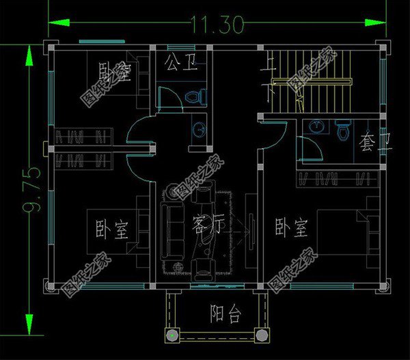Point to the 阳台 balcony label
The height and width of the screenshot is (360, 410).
(225, 315)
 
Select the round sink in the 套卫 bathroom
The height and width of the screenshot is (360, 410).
(316, 126)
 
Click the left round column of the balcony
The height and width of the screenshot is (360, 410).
(171, 335)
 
